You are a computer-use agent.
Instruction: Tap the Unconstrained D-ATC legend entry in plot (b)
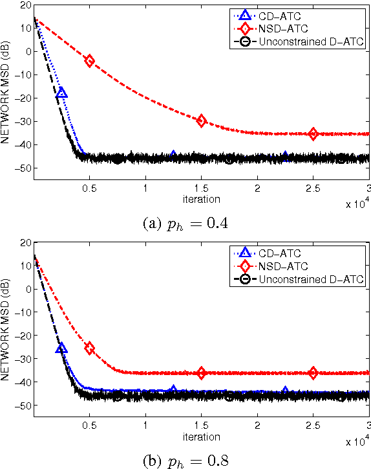point(299,279)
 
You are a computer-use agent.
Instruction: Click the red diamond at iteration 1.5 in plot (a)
point(202,120)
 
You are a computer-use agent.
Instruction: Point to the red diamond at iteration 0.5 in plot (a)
point(90,61)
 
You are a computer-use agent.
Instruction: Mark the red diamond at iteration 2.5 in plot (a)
point(313,134)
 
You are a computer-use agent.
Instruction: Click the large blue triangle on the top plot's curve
point(62,93)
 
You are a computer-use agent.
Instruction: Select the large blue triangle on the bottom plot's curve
point(62,349)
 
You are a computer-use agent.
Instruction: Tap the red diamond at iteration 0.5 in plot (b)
point(90,349)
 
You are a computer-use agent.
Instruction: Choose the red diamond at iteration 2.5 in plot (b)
point(313,372)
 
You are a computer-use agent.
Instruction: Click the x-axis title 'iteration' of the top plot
point(201,198)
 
